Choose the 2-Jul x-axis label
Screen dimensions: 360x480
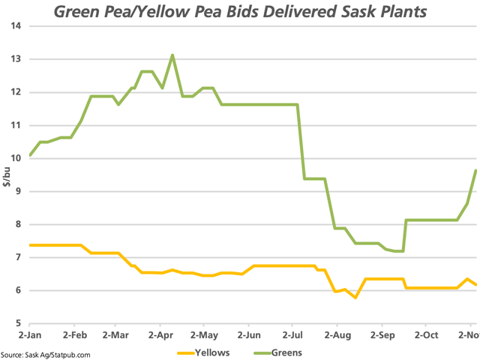293,334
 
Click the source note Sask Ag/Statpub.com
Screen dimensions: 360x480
46,355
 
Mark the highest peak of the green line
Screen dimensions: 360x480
172,55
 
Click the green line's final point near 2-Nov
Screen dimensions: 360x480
476,170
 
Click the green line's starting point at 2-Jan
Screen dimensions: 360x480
29,155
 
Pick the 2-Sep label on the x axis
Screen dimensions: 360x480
382,334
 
